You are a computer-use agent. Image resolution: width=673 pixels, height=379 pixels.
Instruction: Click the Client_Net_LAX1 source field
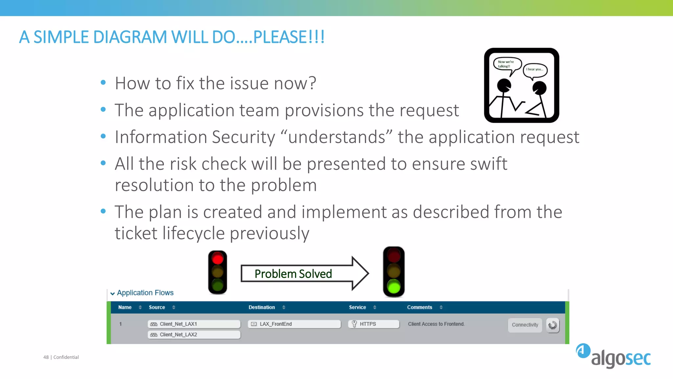click(x=194, y=324)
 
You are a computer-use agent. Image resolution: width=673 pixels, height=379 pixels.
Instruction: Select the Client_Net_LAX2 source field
click(x=194, y=335)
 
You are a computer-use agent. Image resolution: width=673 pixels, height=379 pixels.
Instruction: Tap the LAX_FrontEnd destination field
click(x=294, y=324)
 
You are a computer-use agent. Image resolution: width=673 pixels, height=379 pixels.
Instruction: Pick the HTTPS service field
click(x=374, y=324)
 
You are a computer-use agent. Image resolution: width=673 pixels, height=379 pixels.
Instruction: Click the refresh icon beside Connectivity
click(x=553, y=325)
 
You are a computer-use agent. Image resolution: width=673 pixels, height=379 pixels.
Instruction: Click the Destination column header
click(x=262, y=307)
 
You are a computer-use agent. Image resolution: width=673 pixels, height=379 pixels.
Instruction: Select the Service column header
click(x=357, y=307)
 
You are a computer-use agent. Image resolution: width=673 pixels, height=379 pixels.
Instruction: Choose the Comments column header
click(x=420, y=307)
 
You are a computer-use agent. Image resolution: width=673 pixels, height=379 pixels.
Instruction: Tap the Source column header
click(x=157, y=307)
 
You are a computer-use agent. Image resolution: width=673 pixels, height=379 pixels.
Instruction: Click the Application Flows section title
click(x=145, y=293)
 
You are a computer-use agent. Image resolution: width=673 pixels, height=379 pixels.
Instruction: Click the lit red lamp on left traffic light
click(x=218, y=259)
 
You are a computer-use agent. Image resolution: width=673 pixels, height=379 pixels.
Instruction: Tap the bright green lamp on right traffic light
click(x=394, y=287)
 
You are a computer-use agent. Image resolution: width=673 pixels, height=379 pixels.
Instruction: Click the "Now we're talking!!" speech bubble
click(x=506, y=64)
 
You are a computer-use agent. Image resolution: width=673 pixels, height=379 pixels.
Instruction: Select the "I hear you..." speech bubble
click(x=535, y=69)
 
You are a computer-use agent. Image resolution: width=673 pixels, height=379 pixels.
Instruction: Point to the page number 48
click(x=46, y=357)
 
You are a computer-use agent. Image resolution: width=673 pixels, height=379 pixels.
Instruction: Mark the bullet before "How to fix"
click(x=103, y=83)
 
